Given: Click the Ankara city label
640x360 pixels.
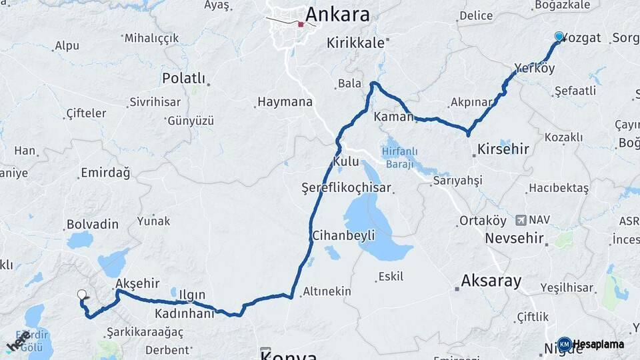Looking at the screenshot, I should click(x=337, y=15).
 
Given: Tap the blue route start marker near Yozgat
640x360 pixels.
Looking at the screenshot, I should click(x=559, y=37).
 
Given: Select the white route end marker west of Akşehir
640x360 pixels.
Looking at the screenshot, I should click(x=82, y=294).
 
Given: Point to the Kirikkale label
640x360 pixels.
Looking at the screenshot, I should click(x=356, y=43).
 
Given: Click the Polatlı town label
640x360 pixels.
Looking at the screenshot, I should click(x=183, y=79).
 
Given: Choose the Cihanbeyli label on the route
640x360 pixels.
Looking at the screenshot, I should click(x=344, y=235).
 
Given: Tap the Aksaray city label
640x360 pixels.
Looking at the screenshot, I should click(x=491, y=281).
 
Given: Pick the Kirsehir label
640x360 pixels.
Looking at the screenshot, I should click(x=503, y=149).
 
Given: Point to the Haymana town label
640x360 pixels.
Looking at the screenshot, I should click(x=285, y=103).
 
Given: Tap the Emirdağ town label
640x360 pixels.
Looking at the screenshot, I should click(x=105, y=173).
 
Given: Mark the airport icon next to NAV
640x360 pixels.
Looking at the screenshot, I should click(x=520, y=220).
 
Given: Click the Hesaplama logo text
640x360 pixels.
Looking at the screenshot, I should click(x=598, y=345).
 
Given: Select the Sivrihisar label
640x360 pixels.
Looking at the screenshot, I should click(x=155, y=103).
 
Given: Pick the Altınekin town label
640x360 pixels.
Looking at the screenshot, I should click(x=327, y=291).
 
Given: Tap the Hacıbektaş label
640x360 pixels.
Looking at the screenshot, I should click(x=559, y=189).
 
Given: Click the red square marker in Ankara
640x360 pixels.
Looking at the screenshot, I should click(x=301, y=25).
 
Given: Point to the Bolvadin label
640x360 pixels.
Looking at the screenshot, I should click(x=93, y=225).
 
